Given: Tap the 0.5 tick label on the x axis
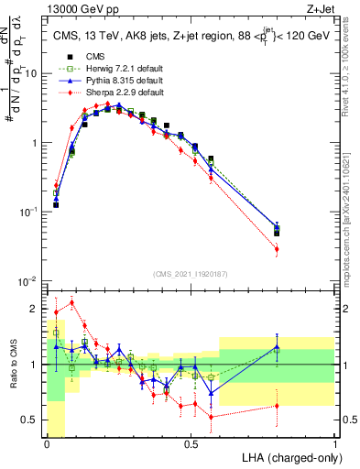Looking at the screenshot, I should click(191, 444).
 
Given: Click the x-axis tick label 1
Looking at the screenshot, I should click(335, 444).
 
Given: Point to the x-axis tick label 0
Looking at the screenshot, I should click(47, 444).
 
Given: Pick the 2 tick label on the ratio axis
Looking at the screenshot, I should click(35, 307).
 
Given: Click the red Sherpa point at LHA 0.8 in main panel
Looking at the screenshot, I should click(277, 249).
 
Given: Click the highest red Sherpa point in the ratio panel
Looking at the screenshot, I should click(72, 302).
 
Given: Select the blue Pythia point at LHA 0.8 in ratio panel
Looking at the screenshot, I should click(277, 347).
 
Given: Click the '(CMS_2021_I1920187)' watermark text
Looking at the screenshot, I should click(191, 274).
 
